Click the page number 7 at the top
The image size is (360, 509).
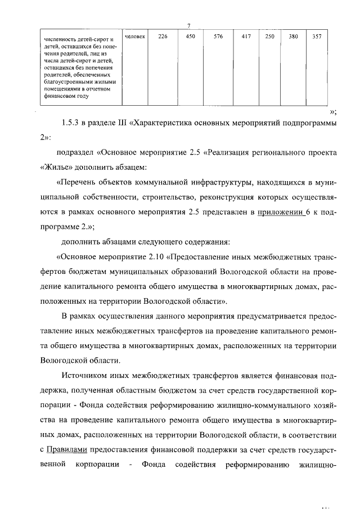(x=189, y=25)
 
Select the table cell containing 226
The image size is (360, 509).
(x=163, y=37)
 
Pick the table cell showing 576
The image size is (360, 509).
(x=218, y=37)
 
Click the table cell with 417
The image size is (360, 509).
(x=246, y=37)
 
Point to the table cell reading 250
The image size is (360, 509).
(x=269, y=37)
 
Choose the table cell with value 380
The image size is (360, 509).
(x=293, y=37)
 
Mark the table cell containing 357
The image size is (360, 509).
(x=317, y=37)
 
